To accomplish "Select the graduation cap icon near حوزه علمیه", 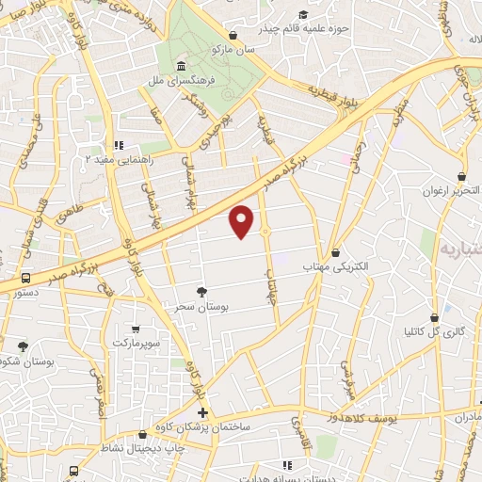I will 303,14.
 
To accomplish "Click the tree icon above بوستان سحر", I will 201,293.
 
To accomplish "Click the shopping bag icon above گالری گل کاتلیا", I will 434,317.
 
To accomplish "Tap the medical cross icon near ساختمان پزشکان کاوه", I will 202,413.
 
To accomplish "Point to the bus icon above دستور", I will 24,279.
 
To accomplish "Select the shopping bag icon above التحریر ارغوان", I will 460,176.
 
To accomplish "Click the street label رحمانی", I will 357,168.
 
